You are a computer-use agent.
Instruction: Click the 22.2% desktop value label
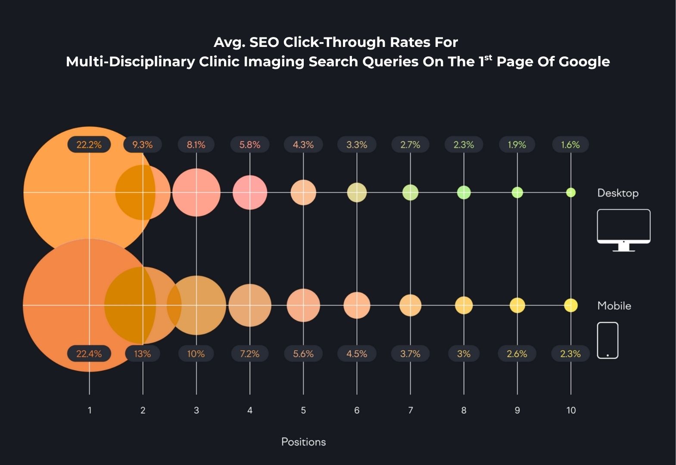[89, 145]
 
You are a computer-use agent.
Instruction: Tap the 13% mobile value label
[142, 354]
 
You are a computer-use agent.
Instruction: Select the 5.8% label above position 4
[250, 145]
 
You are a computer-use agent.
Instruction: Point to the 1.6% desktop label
[570, 145]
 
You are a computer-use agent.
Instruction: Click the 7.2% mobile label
[250, 354]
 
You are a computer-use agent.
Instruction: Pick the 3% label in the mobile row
[464, 354]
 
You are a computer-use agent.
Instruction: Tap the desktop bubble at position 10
[571, 192]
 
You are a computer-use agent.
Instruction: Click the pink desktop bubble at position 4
[250, 192]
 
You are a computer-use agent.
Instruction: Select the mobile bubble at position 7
[410, 305]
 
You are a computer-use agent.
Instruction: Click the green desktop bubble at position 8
[464, 192]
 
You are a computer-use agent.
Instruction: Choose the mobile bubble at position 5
[303, 305]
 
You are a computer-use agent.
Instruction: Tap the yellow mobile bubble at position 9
[517, 305]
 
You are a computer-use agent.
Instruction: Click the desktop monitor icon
[623, 229]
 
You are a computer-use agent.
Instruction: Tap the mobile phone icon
[607, 340]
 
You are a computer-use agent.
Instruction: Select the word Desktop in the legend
[618, 193]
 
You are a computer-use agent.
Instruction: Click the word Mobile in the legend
[614, 306]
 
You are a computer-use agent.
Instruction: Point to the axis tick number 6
[357, 410]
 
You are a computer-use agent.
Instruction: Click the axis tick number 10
[571, 410]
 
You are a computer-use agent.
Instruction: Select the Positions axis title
[303, 442]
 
